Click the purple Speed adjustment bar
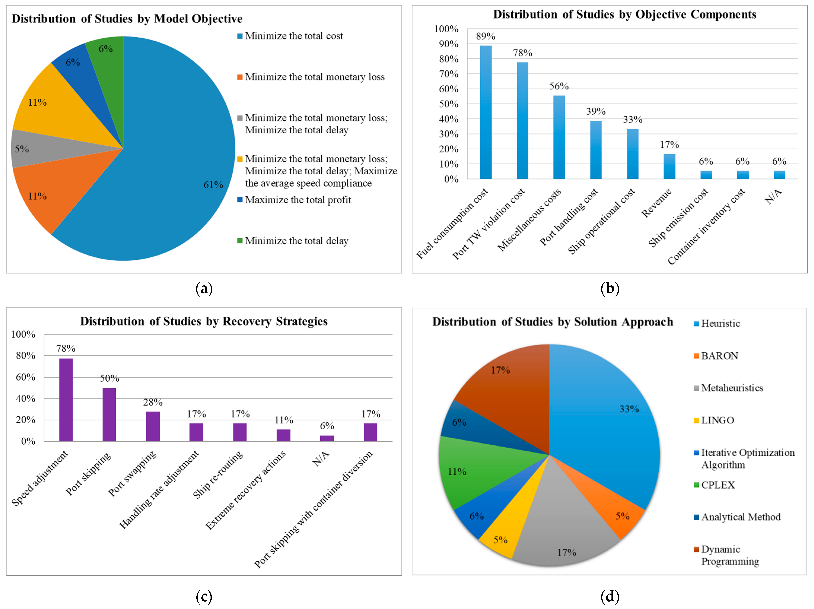point(66,399)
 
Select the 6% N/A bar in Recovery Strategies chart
point(327,438)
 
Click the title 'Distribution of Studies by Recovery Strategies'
point(204,321)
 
